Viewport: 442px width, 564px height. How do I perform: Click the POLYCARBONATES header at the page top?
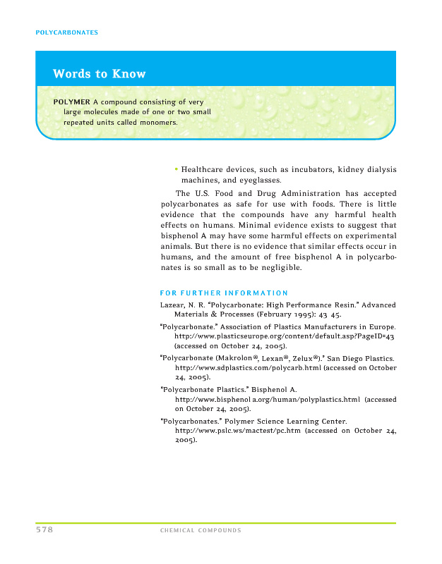coord(66,32)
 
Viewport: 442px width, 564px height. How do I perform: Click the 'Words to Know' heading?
coord(99,74)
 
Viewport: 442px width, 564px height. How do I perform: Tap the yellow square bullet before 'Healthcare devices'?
coord(176,170)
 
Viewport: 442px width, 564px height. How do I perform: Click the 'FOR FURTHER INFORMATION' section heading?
coord(224,293)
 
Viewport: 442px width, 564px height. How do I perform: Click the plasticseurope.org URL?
coord(284,337)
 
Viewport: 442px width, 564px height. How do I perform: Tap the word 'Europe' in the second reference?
coord(379,327)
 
